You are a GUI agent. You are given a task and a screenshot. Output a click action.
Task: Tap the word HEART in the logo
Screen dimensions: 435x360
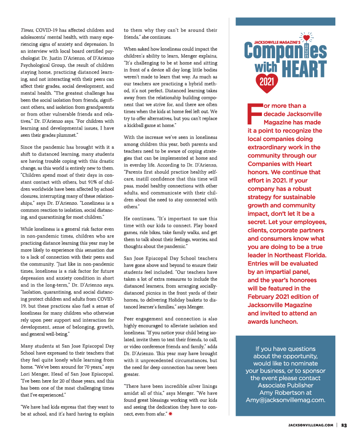coord(303,68)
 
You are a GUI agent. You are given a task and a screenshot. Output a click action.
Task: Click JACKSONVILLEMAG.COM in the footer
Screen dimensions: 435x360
coord(310,424)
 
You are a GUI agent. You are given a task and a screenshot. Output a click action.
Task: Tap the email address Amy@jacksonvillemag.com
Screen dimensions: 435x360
coord(285,400)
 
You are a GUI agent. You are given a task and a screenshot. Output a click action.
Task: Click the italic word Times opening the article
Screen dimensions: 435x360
coord(27,30)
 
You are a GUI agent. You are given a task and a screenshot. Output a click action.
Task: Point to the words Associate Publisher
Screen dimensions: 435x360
coord(285,385)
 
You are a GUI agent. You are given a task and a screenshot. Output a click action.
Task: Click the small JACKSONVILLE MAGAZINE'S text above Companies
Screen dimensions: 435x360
coord(277,42)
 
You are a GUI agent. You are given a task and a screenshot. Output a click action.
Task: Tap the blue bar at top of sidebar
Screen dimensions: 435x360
coord(285,21)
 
